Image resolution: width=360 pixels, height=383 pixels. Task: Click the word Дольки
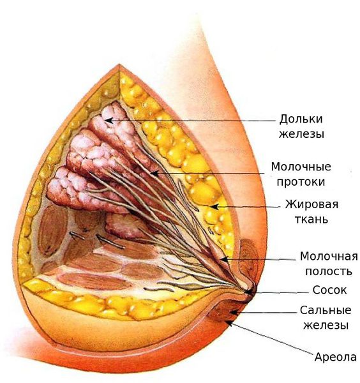pyautogui.click(x=301, y=119)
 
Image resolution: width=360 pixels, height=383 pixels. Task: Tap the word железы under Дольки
pyautogui.click(x=301, y=134)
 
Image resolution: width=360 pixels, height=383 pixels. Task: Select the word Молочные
pyautogui.click(x=301, y=167)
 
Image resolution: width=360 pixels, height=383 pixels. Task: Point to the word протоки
pyautogui.click(x=301, y=182)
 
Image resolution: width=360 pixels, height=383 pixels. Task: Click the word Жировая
pyautogui.click(x=312, y=204)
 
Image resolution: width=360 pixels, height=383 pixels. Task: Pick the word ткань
pyautogui.click(x=311, y=220)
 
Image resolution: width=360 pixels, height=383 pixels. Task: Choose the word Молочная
pyautogui.click(x=329, y=257)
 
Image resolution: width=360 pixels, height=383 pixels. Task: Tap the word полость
pyautogui.click(x=329, y=271)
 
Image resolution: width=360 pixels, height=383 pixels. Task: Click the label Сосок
pyautogui.click(x=329, y=290)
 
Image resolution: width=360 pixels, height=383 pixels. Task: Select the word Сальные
pyautogui.click(x=326, y=310)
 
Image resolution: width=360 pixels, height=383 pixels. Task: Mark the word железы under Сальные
pyautogui.click(x=326, y=326)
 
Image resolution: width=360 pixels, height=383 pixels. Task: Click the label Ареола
pyautogui.click(x=335, y=357)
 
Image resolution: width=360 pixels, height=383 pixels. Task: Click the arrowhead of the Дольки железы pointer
pyautogui.click(x=108, y=120)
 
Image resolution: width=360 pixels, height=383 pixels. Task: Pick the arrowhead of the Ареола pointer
pyautogui.click(x=228, y=322)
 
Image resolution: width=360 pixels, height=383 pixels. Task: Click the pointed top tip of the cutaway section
pyautogui.click(x=119, y=64)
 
